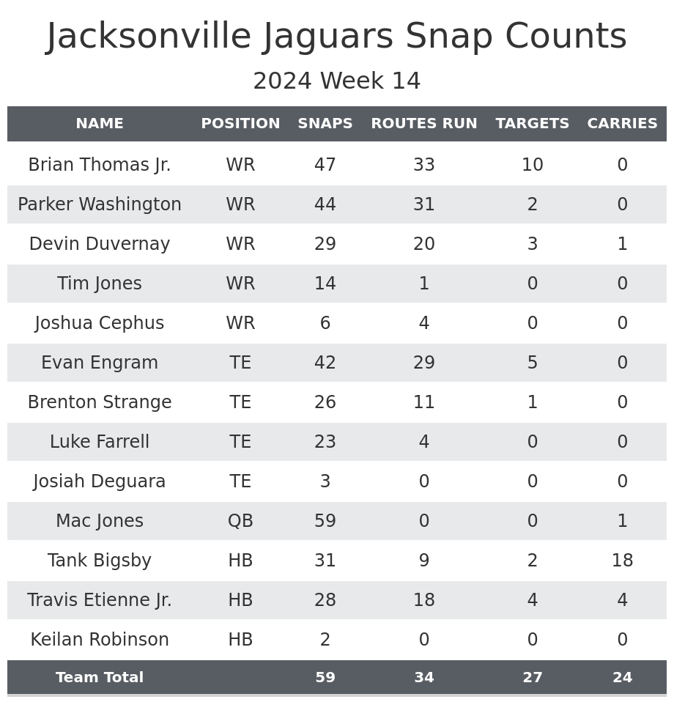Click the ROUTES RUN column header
(x=423, y=124)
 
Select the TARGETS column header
(x=532, y=124)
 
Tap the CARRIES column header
(x=622, y=124)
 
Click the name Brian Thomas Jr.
(x=100, y=165)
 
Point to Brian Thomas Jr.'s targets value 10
(x=532, y=165)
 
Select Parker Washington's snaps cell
(x=325, y=204)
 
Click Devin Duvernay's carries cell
(x=622, y=244)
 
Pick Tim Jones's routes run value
(x=423, y=284)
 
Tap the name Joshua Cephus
(x=100, y=323)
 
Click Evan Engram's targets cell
(x=532, y=363)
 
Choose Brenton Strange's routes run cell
(x=423, y=402)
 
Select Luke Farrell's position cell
(x=240, y=442)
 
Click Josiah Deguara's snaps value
(x=325, y=481)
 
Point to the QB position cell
(x=240, y=521)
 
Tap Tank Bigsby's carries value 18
(x=622, y=561)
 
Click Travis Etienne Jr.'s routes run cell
(x=423, y=600)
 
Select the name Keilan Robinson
(x=100, y=640)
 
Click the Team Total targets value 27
(x=532, y=678)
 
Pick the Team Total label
(x=100, y=678)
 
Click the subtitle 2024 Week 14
(x=337, y=81)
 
